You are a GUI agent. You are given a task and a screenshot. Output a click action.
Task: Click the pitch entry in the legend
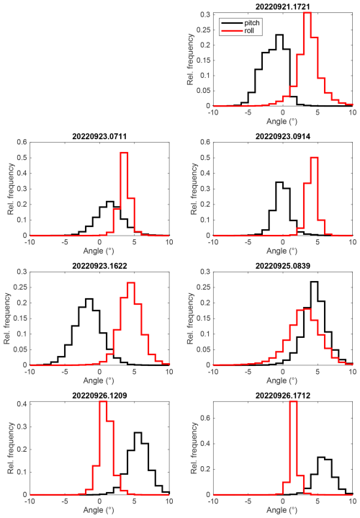pyautogui.click(x=240, y=23)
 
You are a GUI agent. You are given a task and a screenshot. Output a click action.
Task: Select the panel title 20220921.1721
pyautogui.click(x=283, y=6)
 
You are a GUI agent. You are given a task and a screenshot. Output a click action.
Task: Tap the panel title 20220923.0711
pyautogui.click(x=99, y=136)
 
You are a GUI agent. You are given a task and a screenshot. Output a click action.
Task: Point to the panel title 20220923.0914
pyautogui.click(x=283, y=136)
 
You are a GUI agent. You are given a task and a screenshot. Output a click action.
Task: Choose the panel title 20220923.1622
pyautogui.click(x=99, y=266)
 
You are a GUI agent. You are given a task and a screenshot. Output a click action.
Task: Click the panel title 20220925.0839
pyautogui.click(x=283, y=266)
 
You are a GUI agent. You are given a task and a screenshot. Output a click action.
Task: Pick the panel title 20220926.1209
pyautogui.click(x=99, y=395)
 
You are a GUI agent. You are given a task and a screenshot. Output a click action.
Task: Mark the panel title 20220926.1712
pyautogui.click(x=283, y=395)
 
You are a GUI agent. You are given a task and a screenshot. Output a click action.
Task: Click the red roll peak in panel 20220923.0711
pyautogui.click(x=124, y=153)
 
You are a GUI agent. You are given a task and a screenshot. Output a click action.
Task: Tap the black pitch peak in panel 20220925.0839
pyautogui.click(x=314, y=282)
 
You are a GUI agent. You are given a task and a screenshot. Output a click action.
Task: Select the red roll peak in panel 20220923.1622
pyautogui.click(x=131, y=282)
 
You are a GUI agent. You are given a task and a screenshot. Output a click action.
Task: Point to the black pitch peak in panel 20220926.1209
pyautogui.click(x=138, y=432)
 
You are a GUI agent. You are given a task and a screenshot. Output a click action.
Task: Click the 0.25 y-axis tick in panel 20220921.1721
pyautogui.click(x=203, y=30)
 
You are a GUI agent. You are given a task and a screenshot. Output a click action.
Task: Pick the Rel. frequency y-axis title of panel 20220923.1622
pyautogui.click(x=7, y=318)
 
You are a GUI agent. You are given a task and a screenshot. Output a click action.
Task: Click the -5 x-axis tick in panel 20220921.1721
pyautogui.click(x=248, y=112)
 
